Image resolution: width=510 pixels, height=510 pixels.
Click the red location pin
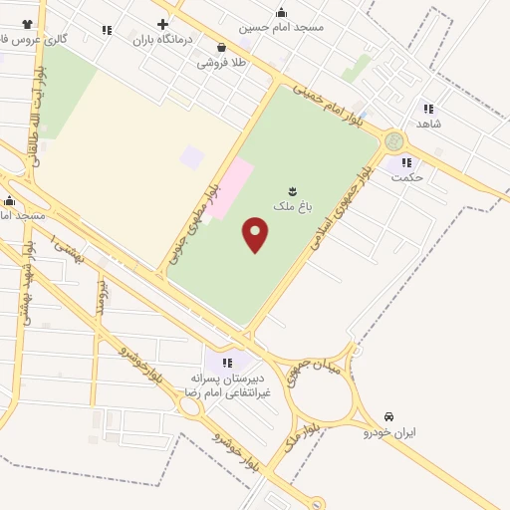(256, 235)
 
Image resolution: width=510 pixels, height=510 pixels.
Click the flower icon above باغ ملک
(293, 190)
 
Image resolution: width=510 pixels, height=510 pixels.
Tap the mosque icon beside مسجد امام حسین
(281, 12)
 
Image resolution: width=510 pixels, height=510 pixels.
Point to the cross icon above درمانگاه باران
(163, 24)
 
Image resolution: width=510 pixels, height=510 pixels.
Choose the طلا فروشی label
(220, 63)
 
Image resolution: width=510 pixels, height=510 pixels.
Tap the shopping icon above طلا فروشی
(220, 47)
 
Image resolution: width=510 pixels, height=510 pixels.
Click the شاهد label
(429, 124)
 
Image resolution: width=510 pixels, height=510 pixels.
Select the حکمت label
(408, 177)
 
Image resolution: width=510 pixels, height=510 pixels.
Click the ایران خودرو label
(388, 432)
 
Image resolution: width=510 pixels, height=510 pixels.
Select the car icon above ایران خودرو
(388, 415)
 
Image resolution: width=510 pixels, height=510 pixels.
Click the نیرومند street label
(100, 296)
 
